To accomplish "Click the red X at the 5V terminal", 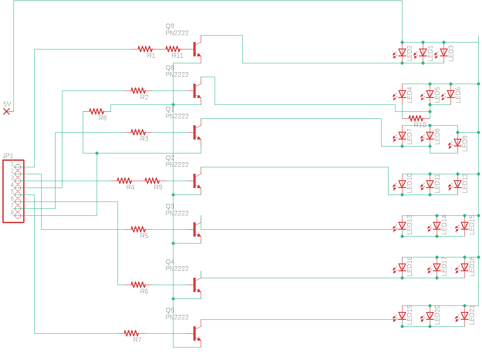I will click(x=6, y=111).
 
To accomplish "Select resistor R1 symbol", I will click(x=145, y=49).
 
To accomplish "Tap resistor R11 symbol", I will click(x=173, y=49).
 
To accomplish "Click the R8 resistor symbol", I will click(x=97, y=111).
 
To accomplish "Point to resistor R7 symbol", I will click(x=131, y=333).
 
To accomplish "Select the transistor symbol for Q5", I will click(x=197, y=333).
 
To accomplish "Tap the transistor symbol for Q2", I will click(x=197, y=181).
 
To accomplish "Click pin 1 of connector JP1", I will click(x=18, y=167).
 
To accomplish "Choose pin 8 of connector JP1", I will click(x=18, y=215).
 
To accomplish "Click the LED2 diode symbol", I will click(x=402, y=53).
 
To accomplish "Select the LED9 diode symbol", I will click(x=457, y=143).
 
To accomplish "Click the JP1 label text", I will click(x=8, y=156).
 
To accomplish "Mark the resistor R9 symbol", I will click(x=152, y=180).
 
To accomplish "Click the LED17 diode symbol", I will click(x=437, y=268).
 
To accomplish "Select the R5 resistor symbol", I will click(x=138, y=229).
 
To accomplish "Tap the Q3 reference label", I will click(x=170, y=206).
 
